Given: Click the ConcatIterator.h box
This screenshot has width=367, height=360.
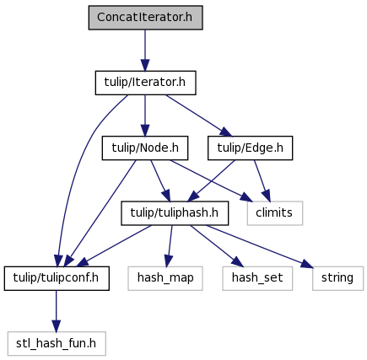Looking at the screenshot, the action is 145,18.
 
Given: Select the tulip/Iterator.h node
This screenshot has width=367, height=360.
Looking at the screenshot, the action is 145,83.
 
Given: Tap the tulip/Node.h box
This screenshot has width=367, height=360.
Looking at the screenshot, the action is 145,148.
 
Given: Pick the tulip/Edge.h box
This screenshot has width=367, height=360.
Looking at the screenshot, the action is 250,148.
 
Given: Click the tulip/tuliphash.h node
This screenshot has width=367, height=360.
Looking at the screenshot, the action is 175,213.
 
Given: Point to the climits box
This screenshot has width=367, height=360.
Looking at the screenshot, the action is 275,213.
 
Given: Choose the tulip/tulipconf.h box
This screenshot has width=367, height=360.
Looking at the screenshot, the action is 57,278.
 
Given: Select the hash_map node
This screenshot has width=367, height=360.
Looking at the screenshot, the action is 165,278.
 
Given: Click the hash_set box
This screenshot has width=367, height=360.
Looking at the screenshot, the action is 257,278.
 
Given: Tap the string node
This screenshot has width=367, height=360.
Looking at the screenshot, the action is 337,278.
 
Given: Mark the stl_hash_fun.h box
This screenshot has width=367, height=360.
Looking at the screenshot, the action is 57,343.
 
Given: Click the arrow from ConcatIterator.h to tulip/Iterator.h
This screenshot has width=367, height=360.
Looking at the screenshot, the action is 145,51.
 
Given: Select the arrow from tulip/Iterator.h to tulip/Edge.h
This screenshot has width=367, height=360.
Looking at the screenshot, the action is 198,116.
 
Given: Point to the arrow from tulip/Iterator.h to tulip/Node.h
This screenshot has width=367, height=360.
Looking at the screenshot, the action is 145,116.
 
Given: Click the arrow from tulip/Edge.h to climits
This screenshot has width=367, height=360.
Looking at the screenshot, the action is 262,180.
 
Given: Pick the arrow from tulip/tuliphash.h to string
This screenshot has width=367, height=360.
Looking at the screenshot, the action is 259,246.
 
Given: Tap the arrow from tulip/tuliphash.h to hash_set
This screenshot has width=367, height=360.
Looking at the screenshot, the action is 216,246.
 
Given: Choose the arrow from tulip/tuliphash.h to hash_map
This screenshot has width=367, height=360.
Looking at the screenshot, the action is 170,246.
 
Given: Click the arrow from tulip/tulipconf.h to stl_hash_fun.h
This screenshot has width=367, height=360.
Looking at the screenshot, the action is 56,311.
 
